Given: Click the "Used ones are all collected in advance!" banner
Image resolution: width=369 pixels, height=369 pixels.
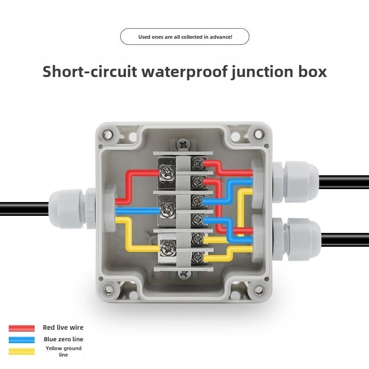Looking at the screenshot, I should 184,36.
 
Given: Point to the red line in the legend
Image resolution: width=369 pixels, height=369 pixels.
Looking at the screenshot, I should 22,328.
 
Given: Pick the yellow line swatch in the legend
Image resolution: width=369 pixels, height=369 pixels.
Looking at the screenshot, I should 22,351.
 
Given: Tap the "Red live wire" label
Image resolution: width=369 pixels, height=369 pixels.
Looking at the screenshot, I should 63,327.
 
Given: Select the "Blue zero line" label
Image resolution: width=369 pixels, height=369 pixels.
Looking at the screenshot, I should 64,339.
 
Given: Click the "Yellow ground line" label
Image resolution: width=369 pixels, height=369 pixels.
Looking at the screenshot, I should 64,351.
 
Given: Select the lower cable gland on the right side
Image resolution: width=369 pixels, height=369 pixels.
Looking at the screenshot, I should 300,235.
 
